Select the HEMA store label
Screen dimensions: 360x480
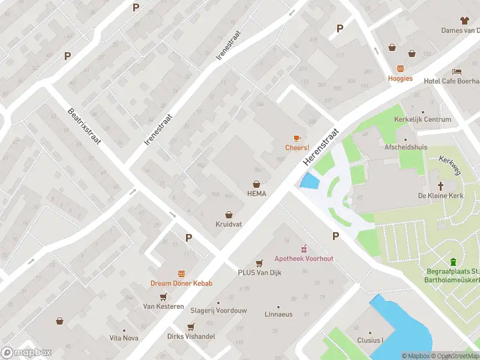[256, 193]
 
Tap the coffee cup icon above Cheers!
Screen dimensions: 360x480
[297, 139]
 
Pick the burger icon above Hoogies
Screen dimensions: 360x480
[400, 68]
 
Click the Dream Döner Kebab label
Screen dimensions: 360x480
[181, 283]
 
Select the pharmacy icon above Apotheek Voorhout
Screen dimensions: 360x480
[304, 248]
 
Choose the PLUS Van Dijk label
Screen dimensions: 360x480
[259, 272]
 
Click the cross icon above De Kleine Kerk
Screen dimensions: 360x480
[441, 186]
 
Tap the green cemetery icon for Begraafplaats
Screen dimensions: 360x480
[453, 262]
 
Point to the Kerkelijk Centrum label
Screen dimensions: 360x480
[422, 119]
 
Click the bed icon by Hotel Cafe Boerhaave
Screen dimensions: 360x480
[457, 71]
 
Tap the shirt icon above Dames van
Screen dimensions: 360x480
[466, 20]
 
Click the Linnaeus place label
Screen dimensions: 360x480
[279, 314]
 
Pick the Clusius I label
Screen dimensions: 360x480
[371, 340]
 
